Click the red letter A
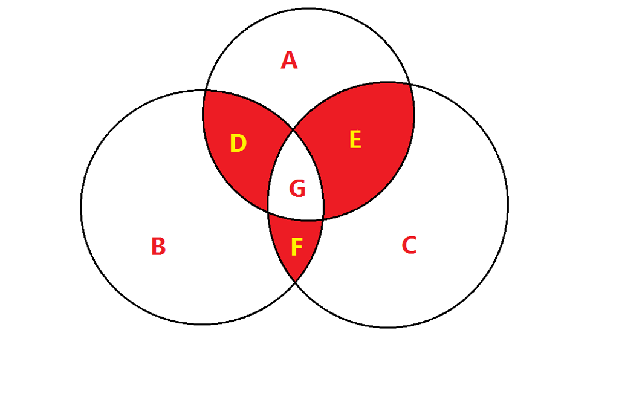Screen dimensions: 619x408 click(289, 61)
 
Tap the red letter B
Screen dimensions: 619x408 click(158, 246)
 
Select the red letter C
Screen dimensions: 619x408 click(409, 245)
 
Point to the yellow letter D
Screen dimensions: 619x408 click(238, 143)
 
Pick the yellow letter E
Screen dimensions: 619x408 click(355, 140)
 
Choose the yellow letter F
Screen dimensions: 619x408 click(296, 247)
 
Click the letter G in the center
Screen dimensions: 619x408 click(297, 189)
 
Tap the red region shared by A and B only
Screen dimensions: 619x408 click(241, 146)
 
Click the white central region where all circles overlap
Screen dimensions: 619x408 click(296, 178)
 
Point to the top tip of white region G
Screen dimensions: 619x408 click(293, 129)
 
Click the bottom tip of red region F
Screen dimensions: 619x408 click(295, 282)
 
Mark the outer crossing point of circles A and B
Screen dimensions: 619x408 click(205, 90)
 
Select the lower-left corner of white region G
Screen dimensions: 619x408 click(268, 212)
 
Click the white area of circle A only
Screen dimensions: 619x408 click(308, 51)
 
